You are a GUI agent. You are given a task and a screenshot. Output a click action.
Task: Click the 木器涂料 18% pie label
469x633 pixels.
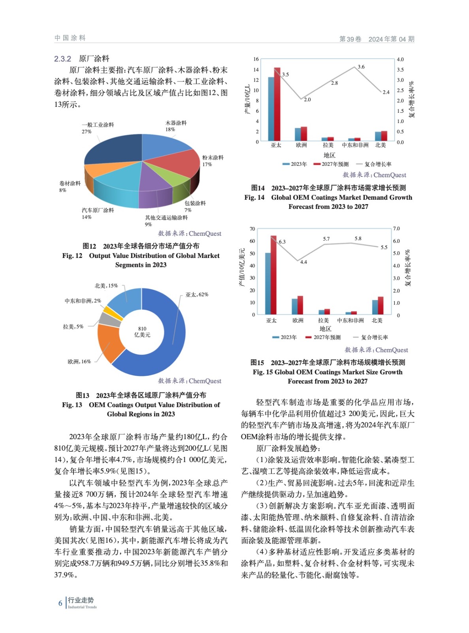click(175, 126)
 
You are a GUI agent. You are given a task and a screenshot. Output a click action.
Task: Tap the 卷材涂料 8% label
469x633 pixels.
click(70, 187)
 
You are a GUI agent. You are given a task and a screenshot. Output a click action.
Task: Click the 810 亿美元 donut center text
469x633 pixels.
click(142, 332)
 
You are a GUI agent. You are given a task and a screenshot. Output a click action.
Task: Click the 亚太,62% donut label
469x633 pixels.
click(197, 295)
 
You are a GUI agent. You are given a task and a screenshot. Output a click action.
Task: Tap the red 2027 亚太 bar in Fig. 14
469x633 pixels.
click(277, 104)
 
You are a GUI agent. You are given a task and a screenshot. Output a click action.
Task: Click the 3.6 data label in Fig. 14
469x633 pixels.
click(361, 67)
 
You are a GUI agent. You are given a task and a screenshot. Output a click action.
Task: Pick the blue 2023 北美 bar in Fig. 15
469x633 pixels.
click(375, 307)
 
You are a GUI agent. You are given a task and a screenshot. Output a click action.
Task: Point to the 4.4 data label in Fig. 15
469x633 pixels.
click(303, 262)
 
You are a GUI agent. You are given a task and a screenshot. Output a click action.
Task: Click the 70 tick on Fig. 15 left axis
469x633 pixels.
click(252, 229)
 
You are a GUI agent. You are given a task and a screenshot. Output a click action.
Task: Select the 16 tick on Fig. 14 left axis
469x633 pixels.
click(256, 59)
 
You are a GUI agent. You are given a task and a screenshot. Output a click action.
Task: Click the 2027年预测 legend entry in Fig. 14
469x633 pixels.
click(331, 164)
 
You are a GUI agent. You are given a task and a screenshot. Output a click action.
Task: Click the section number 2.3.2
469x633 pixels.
click(62, 59)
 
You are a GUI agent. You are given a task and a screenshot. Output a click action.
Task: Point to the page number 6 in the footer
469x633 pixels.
click(60, 603)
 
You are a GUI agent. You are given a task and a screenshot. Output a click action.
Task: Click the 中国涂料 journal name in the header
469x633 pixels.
click(70, 38)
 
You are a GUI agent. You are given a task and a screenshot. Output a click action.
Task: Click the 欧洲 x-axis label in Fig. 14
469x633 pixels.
click(301, 145)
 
